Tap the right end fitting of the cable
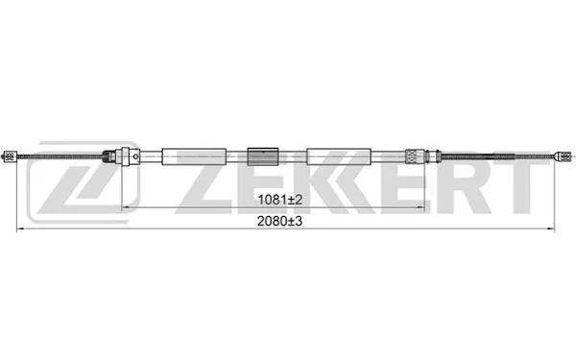click(566, 154)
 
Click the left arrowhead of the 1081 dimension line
click(122, 207)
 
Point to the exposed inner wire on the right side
click(499, 155)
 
